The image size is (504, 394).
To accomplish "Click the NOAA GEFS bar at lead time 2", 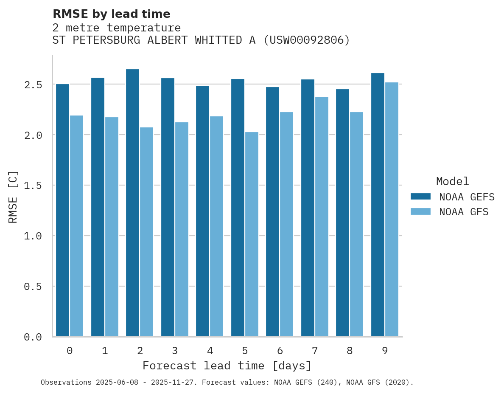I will (132, 203).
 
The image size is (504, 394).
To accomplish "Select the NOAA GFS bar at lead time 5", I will (252, 234).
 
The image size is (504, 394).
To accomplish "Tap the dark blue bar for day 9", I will (378, 205).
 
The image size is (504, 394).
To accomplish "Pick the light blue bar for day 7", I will (322, 217).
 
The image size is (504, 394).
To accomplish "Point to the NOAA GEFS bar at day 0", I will (62, 210).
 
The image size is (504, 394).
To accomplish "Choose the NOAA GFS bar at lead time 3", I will (182, 229).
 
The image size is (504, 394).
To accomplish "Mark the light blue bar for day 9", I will (392, 209).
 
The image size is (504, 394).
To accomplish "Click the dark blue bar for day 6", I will (272, 212).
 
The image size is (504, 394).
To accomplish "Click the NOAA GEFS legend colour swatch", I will (420, 197).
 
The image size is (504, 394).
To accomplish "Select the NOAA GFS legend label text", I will (464, 212).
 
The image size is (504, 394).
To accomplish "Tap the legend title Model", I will (453, 182).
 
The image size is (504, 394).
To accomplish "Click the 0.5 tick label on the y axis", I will (33, 287).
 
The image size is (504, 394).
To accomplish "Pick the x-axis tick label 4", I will (210, 351).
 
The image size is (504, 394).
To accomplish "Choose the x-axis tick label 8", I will (350, 351).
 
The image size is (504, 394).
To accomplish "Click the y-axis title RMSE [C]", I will (13, 197).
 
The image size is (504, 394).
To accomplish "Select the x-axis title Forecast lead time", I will (227, 366).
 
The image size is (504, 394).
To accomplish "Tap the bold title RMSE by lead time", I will (112, 14).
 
